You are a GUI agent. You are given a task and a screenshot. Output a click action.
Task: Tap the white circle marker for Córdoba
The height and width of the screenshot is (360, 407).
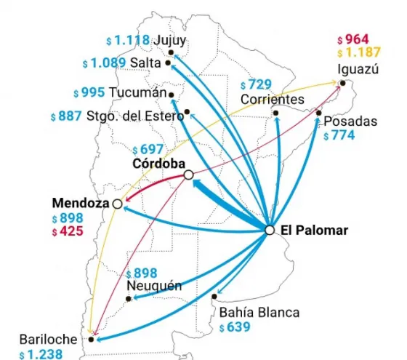pyautogui.click(x=188, y=175)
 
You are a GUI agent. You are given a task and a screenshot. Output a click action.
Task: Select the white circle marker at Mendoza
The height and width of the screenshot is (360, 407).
pyautogui.click(x=117, y=204)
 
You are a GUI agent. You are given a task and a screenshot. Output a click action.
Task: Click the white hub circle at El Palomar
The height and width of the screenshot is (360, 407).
pyautogui.click(x=270, y=230)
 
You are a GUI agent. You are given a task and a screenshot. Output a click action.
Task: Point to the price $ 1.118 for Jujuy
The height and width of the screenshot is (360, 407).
pyautogui.click(x=128, y=41)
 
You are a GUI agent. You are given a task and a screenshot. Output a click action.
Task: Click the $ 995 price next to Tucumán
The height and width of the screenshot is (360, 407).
pyautogui.click(x=89, y=92)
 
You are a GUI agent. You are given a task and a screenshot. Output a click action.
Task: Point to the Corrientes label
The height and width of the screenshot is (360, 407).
pyautogui.click(x=273, y=98)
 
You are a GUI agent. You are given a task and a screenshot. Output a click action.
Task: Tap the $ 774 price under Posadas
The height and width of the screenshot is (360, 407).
pyautogui.click(x=339, y=135)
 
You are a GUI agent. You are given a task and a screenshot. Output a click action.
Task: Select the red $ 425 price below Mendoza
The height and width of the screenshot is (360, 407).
pyautogui.click(x=67, y=232)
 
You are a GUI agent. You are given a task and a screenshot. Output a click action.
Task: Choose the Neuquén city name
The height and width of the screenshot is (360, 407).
pyautogui.click(x=154, y=285)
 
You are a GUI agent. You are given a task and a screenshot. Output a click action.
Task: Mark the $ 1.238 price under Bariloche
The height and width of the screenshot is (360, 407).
pyautogui.click(x=42, y=354)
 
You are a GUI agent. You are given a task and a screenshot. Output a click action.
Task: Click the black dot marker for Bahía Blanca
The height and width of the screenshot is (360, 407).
pyautogui.click(x=215, y=297)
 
